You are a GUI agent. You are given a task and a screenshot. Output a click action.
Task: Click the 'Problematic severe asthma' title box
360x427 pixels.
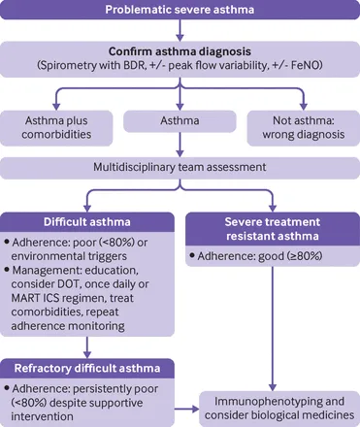[180, 13]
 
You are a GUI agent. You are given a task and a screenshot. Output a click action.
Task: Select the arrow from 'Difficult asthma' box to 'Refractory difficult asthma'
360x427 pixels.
[88, 345]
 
